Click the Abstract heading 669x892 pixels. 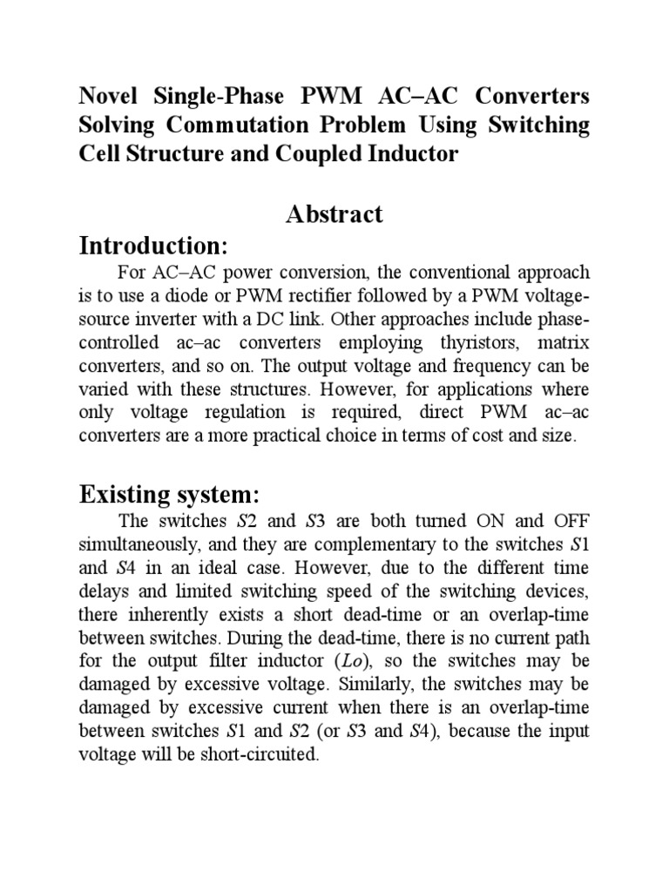tap(334, 214)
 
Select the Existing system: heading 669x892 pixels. tap(169, 496)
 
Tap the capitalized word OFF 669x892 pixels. tap(566, 523)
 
